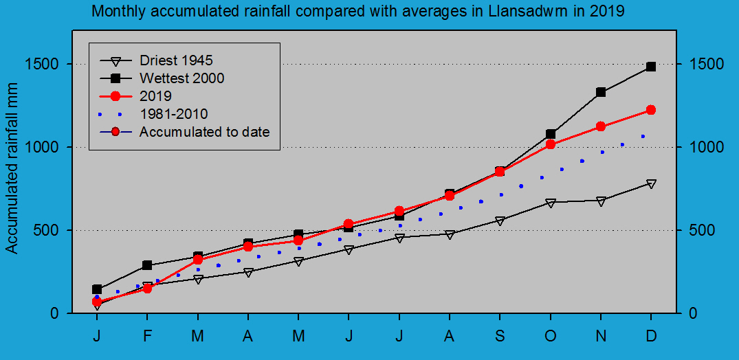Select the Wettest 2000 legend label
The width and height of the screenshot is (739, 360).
click(x=181, y=78)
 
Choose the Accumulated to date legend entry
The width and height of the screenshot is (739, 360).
click(x=204, y=132)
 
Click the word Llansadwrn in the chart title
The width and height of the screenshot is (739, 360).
click(x=522, y=12)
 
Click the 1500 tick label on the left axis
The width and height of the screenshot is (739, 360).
click(x=47, y=64)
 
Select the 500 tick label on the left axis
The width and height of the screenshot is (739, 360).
click(x=52, y=230)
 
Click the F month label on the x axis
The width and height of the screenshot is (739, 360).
click(x=147, y=335)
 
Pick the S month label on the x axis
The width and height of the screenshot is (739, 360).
click(x=500, y=335)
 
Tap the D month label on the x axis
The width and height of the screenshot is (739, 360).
click(x=651, y=335)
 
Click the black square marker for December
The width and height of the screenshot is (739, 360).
click(x=651, y=67)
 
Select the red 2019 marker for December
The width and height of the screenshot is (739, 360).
click(x=651, y=110)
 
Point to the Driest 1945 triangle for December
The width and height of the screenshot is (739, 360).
click(x=651, y=183)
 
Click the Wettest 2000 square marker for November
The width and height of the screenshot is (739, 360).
click(x=601, y=92)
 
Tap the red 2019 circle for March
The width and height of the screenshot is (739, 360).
click(x=198, y=260)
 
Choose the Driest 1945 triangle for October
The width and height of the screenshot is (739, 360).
click(x=551, y=203)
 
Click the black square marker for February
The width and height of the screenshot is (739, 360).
click(x=147, y=265)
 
